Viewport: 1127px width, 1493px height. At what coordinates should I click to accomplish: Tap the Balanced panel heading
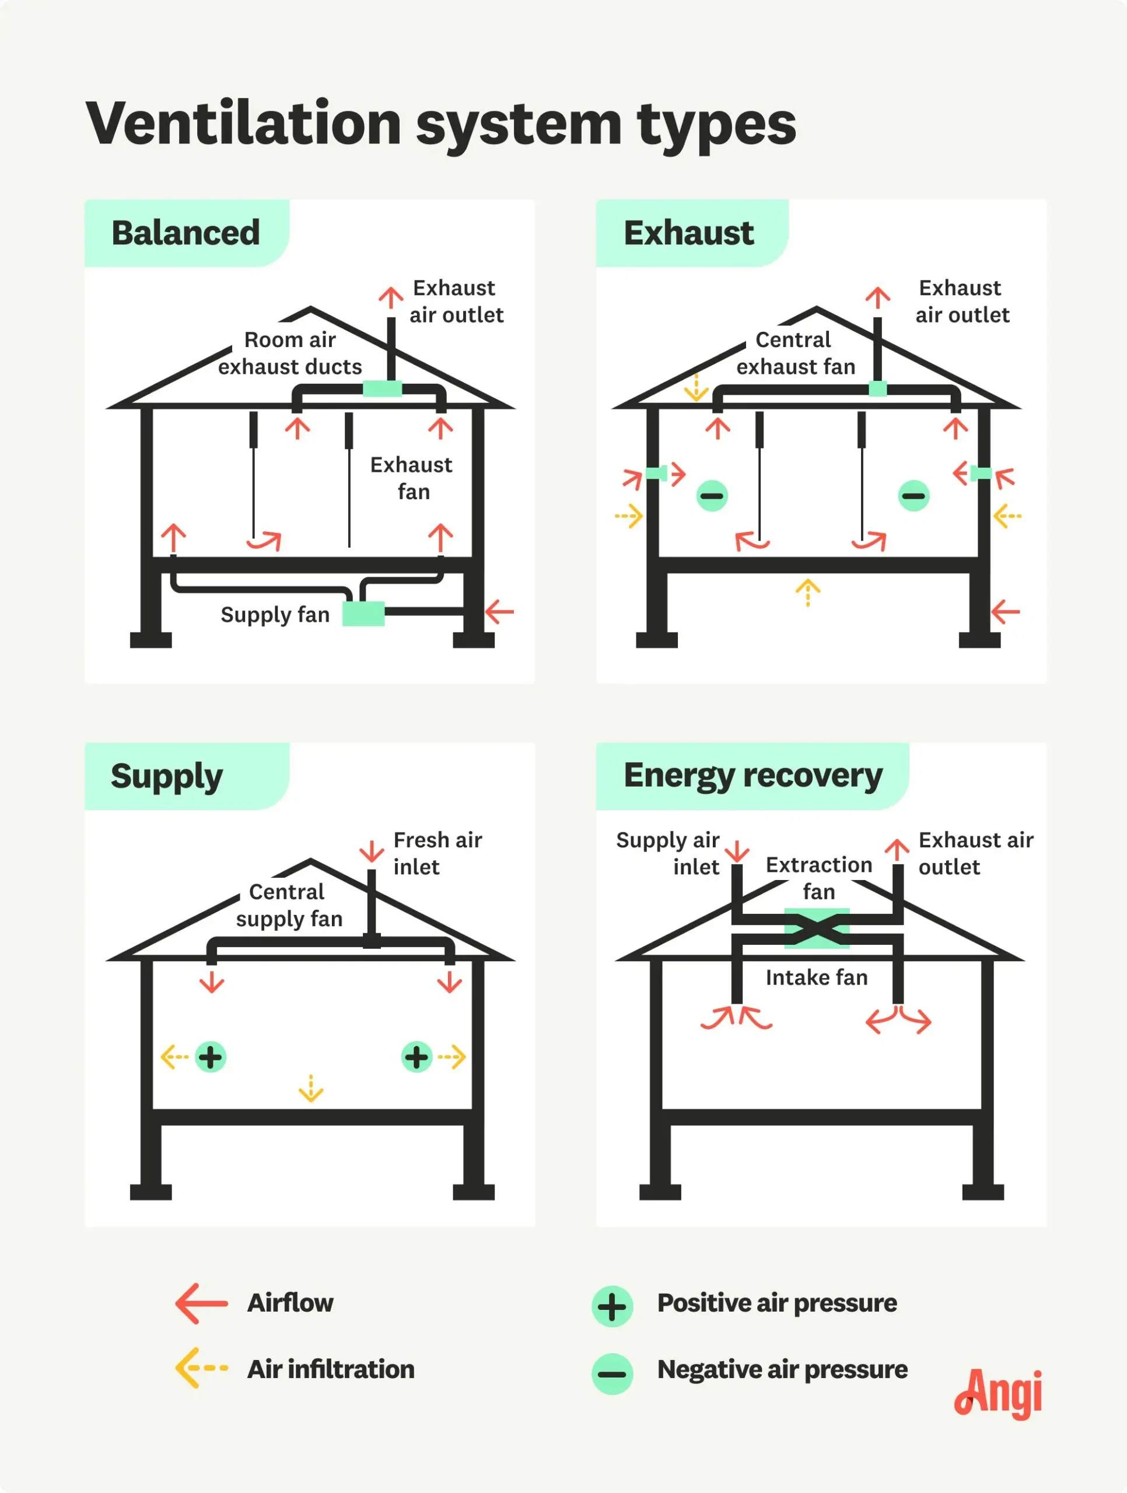pos(185,233)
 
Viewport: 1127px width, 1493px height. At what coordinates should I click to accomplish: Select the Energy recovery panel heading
pos(752,776)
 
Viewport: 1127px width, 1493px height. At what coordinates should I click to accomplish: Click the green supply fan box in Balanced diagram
pos(363,614)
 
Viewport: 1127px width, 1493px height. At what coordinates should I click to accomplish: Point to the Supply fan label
pos(275,615)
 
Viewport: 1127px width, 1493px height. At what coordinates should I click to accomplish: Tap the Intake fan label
pos(817,977)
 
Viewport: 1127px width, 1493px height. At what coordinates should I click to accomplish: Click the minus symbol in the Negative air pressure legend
pos(612,1373)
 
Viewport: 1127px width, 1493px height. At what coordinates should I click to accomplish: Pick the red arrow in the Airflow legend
pos(201,1303)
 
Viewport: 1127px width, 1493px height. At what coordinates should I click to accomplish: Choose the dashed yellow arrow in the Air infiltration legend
pos(201,1368)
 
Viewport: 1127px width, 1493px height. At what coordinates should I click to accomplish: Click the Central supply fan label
pos(289,905)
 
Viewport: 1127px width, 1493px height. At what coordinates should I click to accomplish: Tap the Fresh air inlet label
pos(437,853)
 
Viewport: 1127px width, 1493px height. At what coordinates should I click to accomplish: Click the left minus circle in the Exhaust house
pos(712,496)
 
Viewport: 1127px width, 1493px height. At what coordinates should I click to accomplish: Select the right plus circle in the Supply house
pos(416,1057)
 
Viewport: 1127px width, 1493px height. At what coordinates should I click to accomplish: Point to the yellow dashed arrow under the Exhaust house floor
pos(807,592)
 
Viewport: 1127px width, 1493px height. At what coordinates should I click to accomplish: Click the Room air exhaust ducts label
pos(290,353)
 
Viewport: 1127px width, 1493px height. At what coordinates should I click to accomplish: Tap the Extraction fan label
pos(818,878)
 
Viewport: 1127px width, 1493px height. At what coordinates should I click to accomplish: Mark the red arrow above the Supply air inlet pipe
pos(737,851)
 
